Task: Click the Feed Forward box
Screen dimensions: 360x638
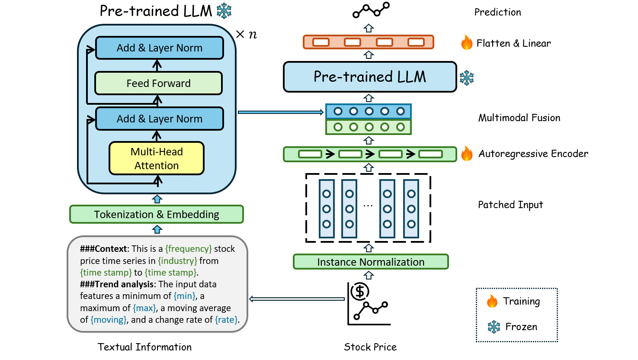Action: (x=158, y=83)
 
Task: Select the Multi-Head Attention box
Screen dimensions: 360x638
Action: (x=157, y=158)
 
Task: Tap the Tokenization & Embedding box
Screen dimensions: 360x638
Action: (x=157, y=214)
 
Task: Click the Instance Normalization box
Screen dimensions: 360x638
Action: (x=371, y=262)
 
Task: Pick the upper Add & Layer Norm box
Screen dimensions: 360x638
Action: (x=159, y=48)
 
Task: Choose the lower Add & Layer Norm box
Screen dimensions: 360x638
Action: (x=159, y=119)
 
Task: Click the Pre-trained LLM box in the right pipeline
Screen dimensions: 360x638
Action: (x=370, y=77)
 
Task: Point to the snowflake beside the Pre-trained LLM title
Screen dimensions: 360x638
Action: (x=224, y=11)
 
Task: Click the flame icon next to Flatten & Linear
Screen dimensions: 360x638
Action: (x=467, y=42)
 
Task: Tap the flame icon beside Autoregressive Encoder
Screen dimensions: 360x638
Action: (x=467, y=153)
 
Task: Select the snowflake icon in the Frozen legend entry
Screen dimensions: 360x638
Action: (x=494, y=327)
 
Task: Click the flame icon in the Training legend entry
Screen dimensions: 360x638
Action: (x=492, y=301)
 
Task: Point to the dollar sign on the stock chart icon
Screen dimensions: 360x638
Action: (x=360, y=291)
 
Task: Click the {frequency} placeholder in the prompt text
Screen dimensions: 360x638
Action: (x=189, y=249)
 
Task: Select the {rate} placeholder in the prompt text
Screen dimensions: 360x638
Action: (x=226, y=320)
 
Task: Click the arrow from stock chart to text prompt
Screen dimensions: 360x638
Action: (x=297, y=299)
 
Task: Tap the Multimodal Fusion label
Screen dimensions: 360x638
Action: (x=519, y=118)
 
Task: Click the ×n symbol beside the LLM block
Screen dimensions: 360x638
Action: (x=247, y=34)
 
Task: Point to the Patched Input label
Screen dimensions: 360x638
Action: (x=510, y=205)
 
